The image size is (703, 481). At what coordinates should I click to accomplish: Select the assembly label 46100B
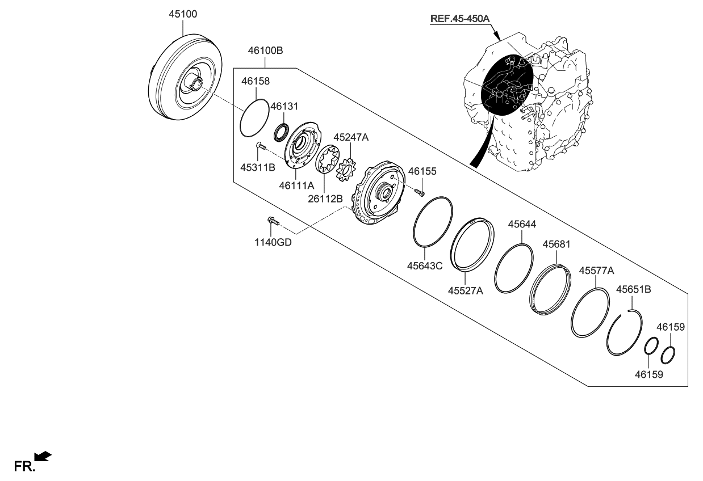(x=265, y=50)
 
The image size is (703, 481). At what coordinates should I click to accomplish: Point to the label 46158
(x=256, y=81)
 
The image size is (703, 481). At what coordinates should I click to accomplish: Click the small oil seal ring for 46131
(x=281, y=133)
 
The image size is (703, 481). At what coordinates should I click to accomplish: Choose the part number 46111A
(x=296, y=185)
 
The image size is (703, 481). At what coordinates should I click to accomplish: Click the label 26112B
(x=325, y=198)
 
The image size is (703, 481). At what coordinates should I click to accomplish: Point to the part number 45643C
(x=425, y=265)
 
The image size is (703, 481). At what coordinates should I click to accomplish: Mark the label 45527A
(x=465, y=290)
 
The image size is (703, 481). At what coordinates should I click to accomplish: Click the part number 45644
(x=522, y=225)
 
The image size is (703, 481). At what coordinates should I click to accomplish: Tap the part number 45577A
(x=596, y=271)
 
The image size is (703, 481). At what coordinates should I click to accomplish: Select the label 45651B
(x=634, y=289)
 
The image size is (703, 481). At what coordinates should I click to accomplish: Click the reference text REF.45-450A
(x=459, y=19)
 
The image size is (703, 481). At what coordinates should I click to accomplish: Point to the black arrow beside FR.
(x=44, y=455)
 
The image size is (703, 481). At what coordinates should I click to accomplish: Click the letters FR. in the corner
(x=24, y=467)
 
